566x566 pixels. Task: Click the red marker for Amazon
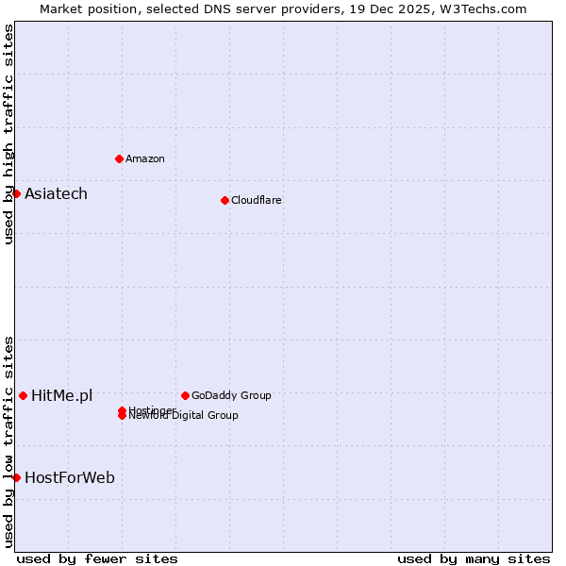(x=119, y=158)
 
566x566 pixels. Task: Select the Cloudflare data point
(x=225, y=200)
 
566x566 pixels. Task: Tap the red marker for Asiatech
(x=16, y=193)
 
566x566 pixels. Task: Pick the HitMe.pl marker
(x=23, y=395)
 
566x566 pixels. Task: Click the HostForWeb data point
(x=16, y=477)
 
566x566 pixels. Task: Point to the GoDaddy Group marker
(x=185, y=395)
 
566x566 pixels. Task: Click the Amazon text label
(x=145, y=158)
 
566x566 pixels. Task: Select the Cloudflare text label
(x=257, y=200)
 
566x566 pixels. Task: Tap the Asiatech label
(x=56, y=194)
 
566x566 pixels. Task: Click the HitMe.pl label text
(x=62, y=396)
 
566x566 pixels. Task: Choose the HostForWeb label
(x=70, y=478)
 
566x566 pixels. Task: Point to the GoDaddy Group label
(x=231, y=395)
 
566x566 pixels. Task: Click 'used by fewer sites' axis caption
(x=97, y=558)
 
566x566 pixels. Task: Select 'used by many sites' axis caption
(x=474, y=558)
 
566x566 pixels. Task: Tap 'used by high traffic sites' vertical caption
(x=9, y=134)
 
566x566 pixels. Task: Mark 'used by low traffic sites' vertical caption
(x=9, y=441)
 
